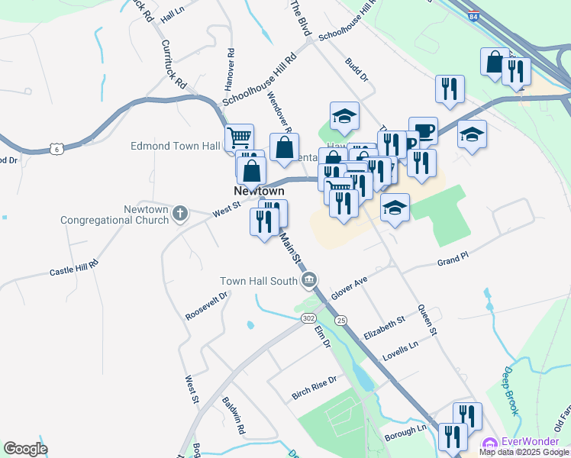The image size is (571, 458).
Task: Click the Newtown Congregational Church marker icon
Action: pyautogui.click(x=180, y=213)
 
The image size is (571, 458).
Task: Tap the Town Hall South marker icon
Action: pyautogui.click(x=309, y=280)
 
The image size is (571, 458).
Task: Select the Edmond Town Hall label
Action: pyautogui.click(x=176, y=146)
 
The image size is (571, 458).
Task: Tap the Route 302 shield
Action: pyautogui.click(x=308, y=318)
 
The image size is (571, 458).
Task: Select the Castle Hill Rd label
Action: pyautogui.click(x=74, y=268)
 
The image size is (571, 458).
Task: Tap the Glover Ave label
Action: pyautogui.click(x=350, y=289)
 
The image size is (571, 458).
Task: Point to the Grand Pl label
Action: pyautogui.click(x=452, y=262)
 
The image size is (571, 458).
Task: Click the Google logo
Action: pyautogui.click(x=25, y=449)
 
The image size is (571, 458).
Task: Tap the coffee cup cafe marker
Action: pyautogui.click(x=423, y=131)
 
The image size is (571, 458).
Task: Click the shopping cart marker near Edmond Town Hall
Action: pyautogui.click(x=239, y=138)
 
